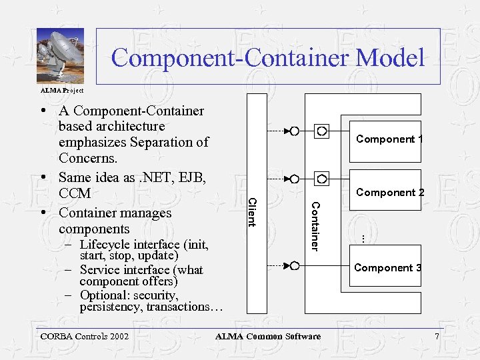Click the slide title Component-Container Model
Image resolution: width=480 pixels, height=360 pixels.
267,57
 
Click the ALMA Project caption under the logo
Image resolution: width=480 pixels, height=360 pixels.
62,90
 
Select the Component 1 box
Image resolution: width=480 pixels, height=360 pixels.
385,140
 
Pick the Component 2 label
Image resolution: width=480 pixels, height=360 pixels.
390,193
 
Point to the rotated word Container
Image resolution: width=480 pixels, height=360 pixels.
316,226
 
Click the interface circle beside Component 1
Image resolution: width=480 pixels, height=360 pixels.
322,131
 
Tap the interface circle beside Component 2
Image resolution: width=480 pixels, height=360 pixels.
322,179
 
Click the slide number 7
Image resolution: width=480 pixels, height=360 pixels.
437,337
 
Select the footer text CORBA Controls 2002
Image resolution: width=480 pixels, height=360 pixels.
83,337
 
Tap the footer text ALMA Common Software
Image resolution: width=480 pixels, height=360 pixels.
267,337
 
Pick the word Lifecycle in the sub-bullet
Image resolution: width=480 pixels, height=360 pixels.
105,245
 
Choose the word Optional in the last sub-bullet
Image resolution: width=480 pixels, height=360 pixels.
104,295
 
